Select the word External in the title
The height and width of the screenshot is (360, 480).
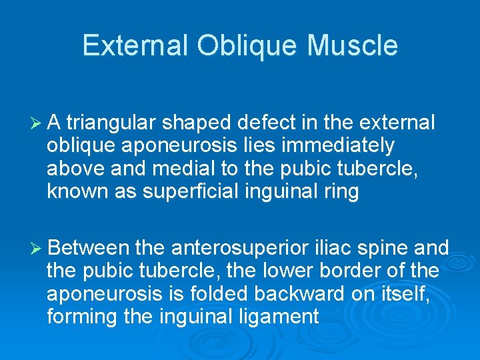click(x=135, y=46)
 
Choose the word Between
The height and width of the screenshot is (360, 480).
click(x=88, y=249)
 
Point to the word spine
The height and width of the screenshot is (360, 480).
click(x=387, y=249)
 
